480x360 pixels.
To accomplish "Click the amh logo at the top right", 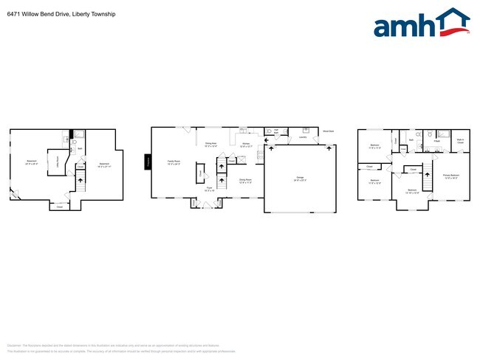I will pyautogui.click(x=421, y=24).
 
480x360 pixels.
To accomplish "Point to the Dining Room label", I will pyautogui.click(x=245, y=180).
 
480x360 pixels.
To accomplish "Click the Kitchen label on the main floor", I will pyautogui.click(x=247, y=145).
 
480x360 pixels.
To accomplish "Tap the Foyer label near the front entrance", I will pyautogui.click(x=209, y=189).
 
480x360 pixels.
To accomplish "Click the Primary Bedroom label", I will pyautogui.click(x=451, y=176).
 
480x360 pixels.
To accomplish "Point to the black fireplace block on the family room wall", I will pyautogui.click(x=148, y=162).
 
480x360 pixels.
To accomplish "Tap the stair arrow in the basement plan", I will pyautogui.click(x=80, y=179).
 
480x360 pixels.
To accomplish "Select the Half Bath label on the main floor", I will pyautogui.click(x=275, y=131).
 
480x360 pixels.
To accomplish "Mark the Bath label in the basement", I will pyautogui.click(x=80, y=149).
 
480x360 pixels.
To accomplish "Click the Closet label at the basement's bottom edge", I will pyautogui.click(x=60, y=207).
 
